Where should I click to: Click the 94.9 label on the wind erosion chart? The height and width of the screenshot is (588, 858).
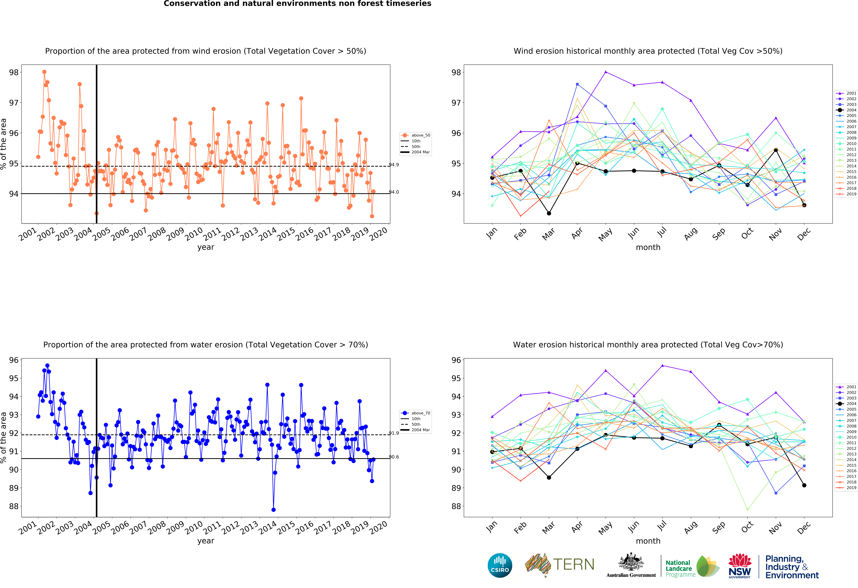point(394,165)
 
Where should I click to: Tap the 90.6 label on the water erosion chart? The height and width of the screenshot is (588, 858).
point(394,457)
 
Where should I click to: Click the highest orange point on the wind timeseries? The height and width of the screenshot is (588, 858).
point(44,72)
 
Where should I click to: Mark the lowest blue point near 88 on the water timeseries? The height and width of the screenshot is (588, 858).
point(274,510)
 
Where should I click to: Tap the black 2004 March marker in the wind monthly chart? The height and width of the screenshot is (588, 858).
point(549,213)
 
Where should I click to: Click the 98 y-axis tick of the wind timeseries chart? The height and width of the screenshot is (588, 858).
point(14,72)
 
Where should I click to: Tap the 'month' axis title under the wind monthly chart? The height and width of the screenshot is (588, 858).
point(648,247)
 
